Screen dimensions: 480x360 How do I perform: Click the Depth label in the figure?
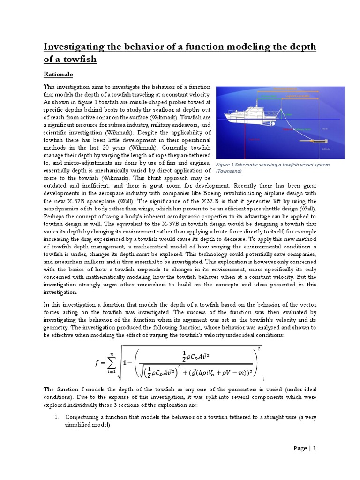[x=325, y=128]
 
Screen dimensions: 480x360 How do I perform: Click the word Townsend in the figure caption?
[x=231, y=172]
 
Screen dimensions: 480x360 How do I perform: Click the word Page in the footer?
[x=300, y=448]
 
